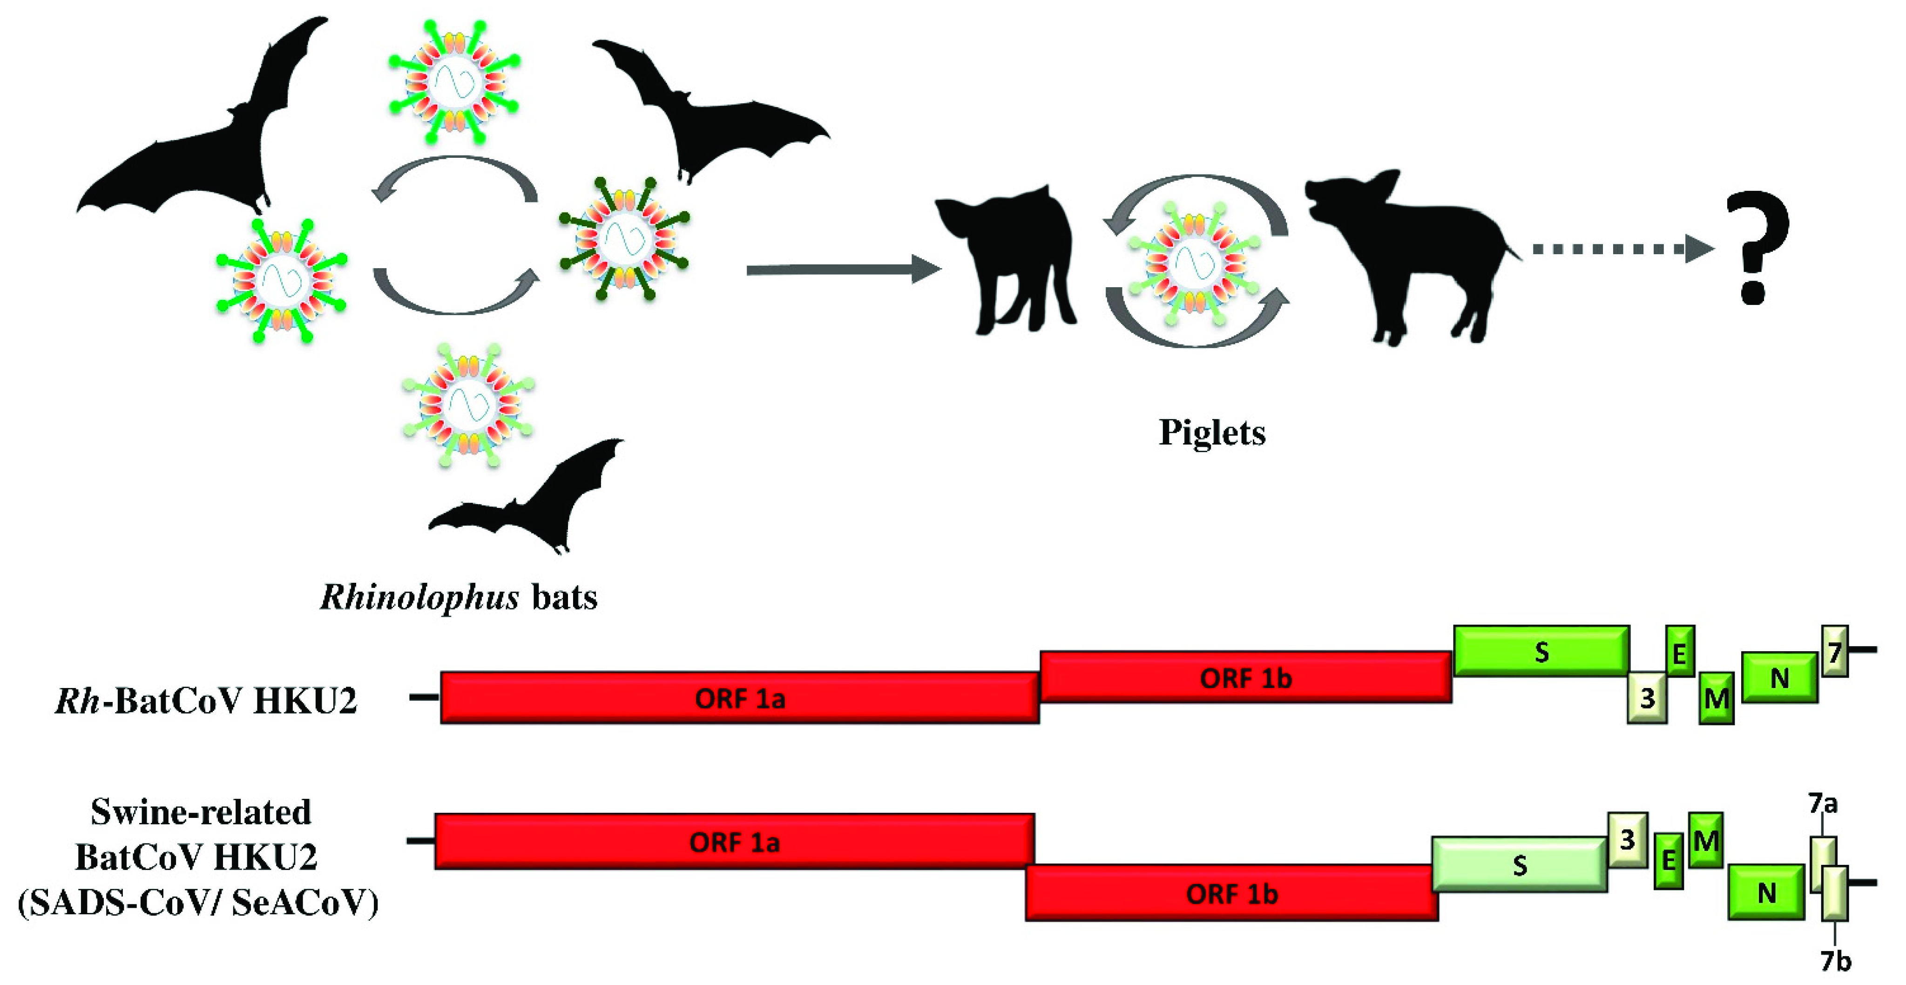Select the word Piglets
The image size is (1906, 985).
point(1212,433)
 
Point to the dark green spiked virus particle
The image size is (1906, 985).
point(625,238)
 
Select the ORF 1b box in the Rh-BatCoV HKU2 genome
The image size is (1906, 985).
point(1245,677)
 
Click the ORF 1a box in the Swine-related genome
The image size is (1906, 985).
point(734,842)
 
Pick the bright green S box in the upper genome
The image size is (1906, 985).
point(1541,651)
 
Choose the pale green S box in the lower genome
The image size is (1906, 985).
point(1519,864)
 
